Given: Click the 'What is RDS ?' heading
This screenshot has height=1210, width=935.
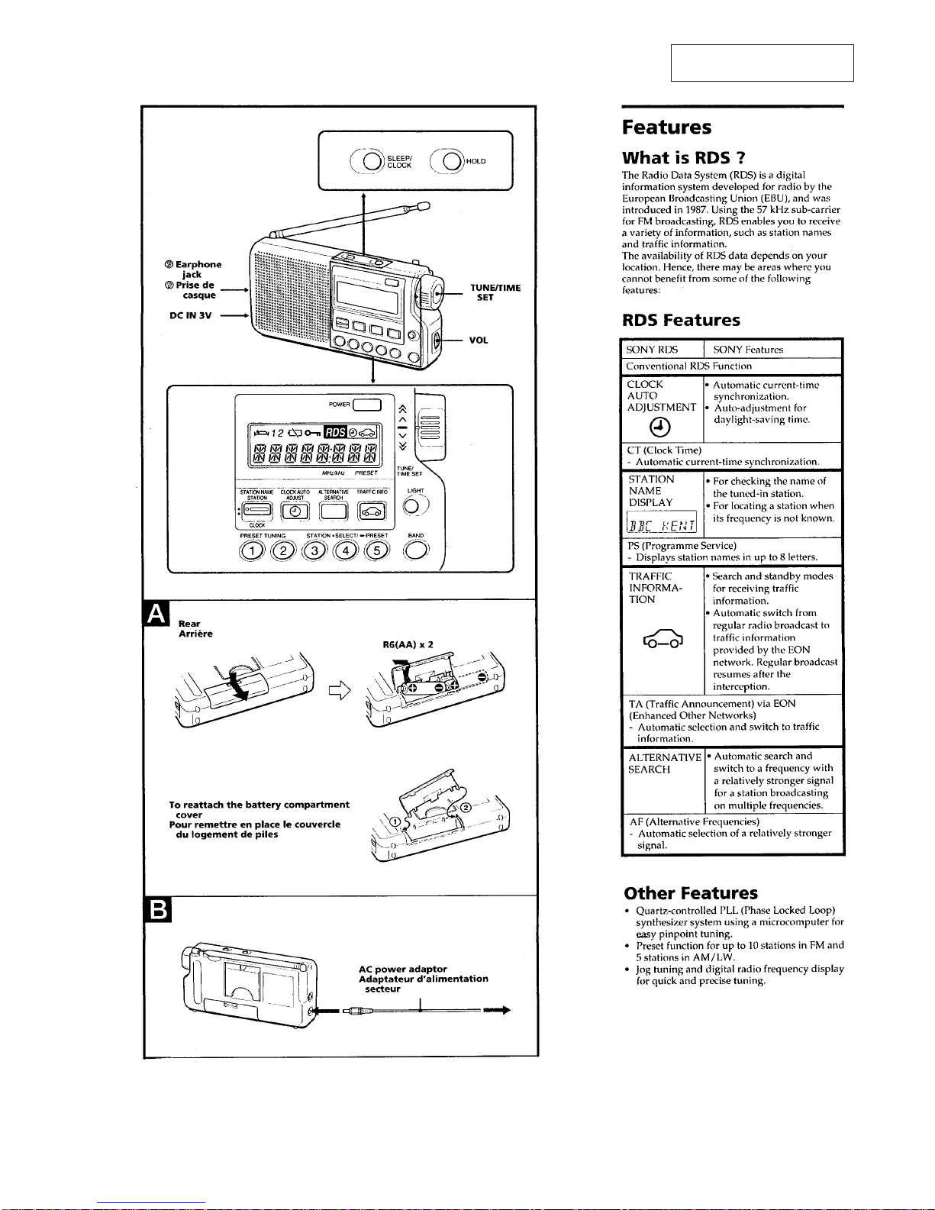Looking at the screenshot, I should point(684,158).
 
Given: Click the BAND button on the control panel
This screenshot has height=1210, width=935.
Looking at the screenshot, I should point(416,551).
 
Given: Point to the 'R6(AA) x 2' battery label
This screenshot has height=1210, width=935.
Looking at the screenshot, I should point(408,644).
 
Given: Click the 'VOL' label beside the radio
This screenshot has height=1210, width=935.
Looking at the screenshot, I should point(479,340).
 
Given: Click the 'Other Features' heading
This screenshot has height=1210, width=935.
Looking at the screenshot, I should point(691,893).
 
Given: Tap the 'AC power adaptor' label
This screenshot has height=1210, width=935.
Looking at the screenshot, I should point(403,969).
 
